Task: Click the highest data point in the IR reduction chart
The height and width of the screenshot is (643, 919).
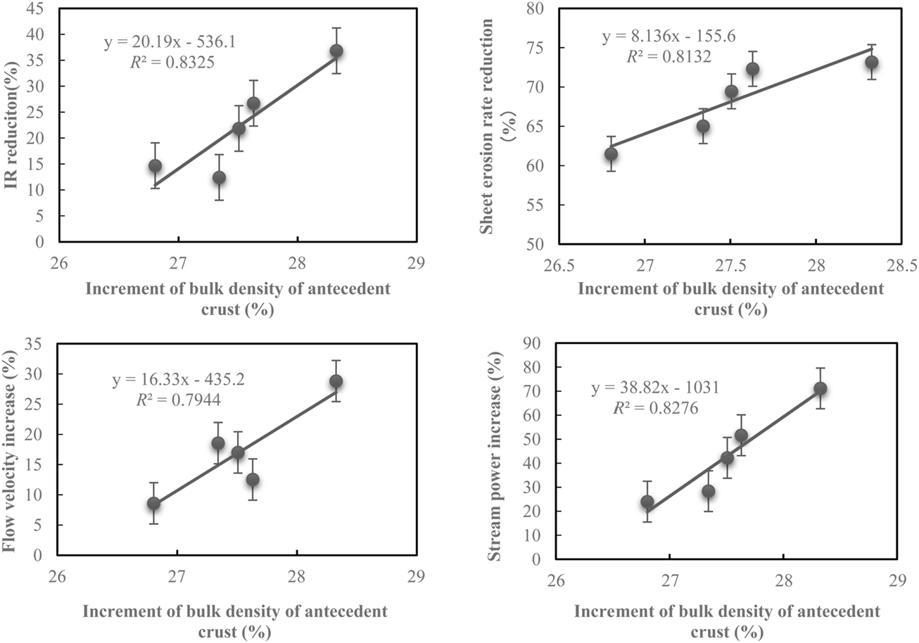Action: click(336, 51)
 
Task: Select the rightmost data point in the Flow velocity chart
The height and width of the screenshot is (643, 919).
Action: click(336, 381)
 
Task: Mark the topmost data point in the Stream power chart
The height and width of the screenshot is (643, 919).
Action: click(820, 388)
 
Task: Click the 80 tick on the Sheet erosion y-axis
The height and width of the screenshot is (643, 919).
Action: click(542, 8)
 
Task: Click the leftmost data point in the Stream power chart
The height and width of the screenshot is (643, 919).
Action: click(647, 502)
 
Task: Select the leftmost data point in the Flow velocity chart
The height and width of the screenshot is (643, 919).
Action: click(153, 504)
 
